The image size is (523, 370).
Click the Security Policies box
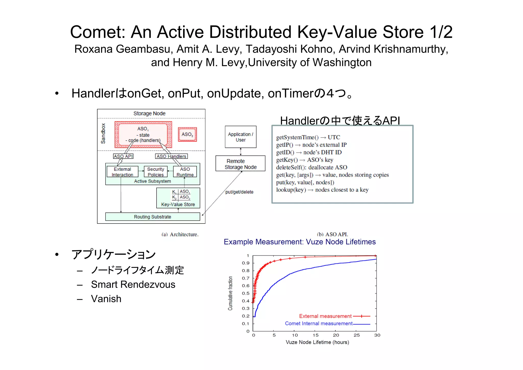(156, 172)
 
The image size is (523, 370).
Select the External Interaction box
(122, 172)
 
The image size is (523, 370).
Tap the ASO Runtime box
(185, 172)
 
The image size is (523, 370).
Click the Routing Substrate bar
(152, 217)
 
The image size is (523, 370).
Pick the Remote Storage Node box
(240, 164)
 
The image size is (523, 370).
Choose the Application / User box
(241, 137)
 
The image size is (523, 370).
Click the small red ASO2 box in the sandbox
(187, 134)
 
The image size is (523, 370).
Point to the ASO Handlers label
(171, 156)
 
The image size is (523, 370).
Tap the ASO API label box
(123, 156)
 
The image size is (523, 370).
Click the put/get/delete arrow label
(239, 192)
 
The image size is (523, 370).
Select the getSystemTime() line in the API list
(308, 137)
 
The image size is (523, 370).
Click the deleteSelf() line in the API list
(312, 167)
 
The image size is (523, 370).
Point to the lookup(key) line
(322, 190)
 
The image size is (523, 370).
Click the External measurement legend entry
(325, 316)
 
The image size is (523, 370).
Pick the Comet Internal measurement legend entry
(319, 323)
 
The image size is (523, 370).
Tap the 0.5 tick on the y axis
(246, 293)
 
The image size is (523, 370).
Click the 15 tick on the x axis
(316, 335)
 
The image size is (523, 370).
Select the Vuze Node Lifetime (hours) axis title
(317, 342)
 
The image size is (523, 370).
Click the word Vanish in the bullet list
(106, 299)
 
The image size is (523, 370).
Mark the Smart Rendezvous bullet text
(133, 284)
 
